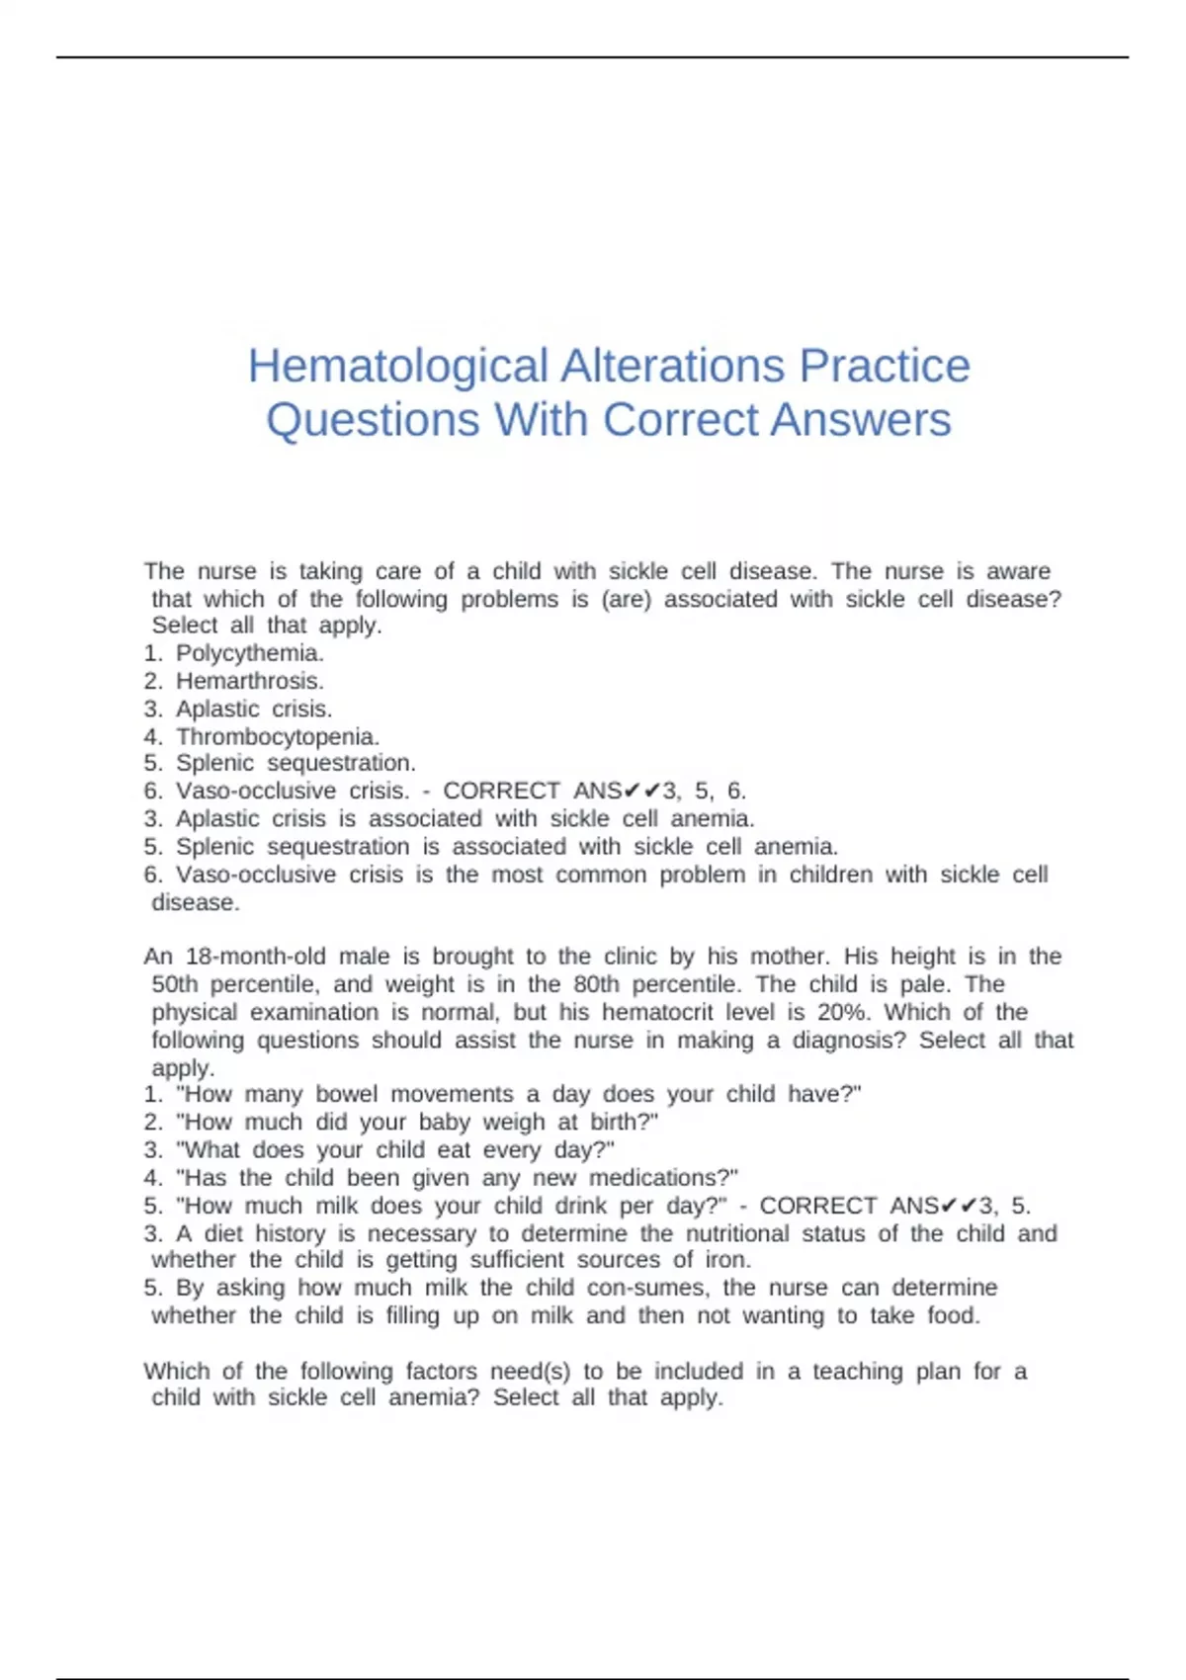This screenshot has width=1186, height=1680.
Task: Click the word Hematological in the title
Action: click(x=397, y=366)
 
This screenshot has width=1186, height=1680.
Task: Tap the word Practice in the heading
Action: click(x=885, y=366)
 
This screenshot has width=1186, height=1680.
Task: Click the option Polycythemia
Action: click(x=249, y=653)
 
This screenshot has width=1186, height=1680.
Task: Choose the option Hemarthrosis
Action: click(x=249, y=681)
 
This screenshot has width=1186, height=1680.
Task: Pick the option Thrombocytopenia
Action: click(x=277, y=736)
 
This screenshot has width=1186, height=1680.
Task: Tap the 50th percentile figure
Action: click(x=174, y=984)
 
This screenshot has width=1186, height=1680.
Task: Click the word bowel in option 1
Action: click(x=346, y=1094)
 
